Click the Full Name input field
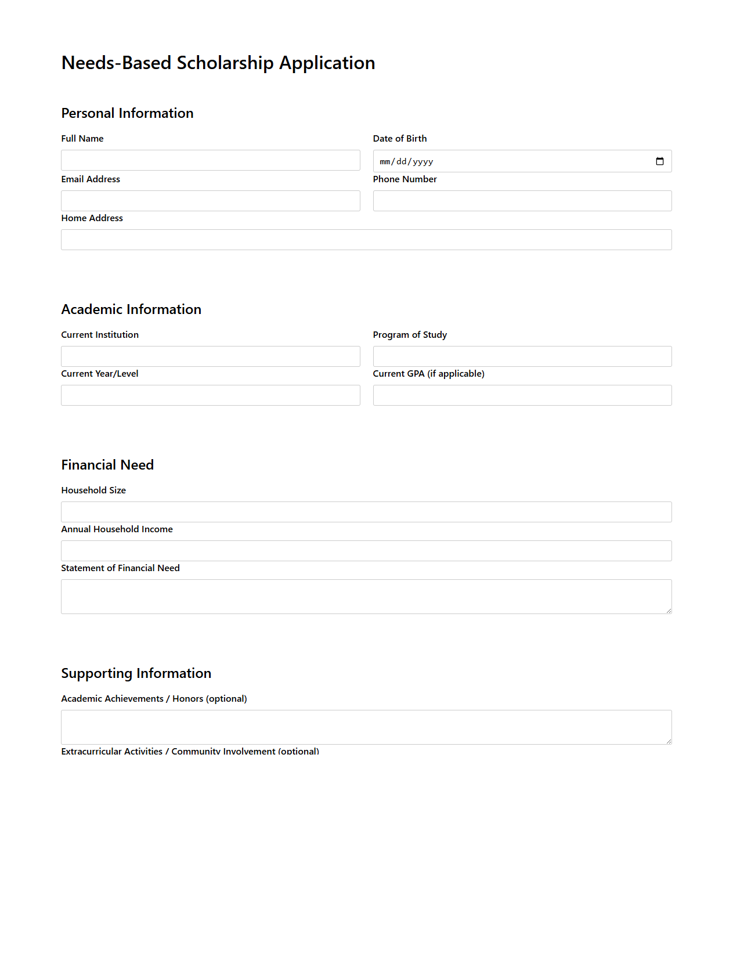click(210, 160)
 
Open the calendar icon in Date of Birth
click(659, 161)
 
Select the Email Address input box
click(210, 201)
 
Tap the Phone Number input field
click(522, 201)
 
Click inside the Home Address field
click(366, 240)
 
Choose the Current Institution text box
click(210, 356)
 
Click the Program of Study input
click(522, 356)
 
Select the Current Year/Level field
click(210, 395)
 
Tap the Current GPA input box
click(522, 395)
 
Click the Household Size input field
click(366, 512)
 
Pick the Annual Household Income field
click(366, 551)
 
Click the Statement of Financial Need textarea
click(366, 596)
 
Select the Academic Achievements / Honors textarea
click(366, 727)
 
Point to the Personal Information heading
click(127, 113)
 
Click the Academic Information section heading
click(131, 309)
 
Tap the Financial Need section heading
click(107, 465)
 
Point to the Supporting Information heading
click(136, 673)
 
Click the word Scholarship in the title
click(225, 63)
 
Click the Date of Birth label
click(399, 139)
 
